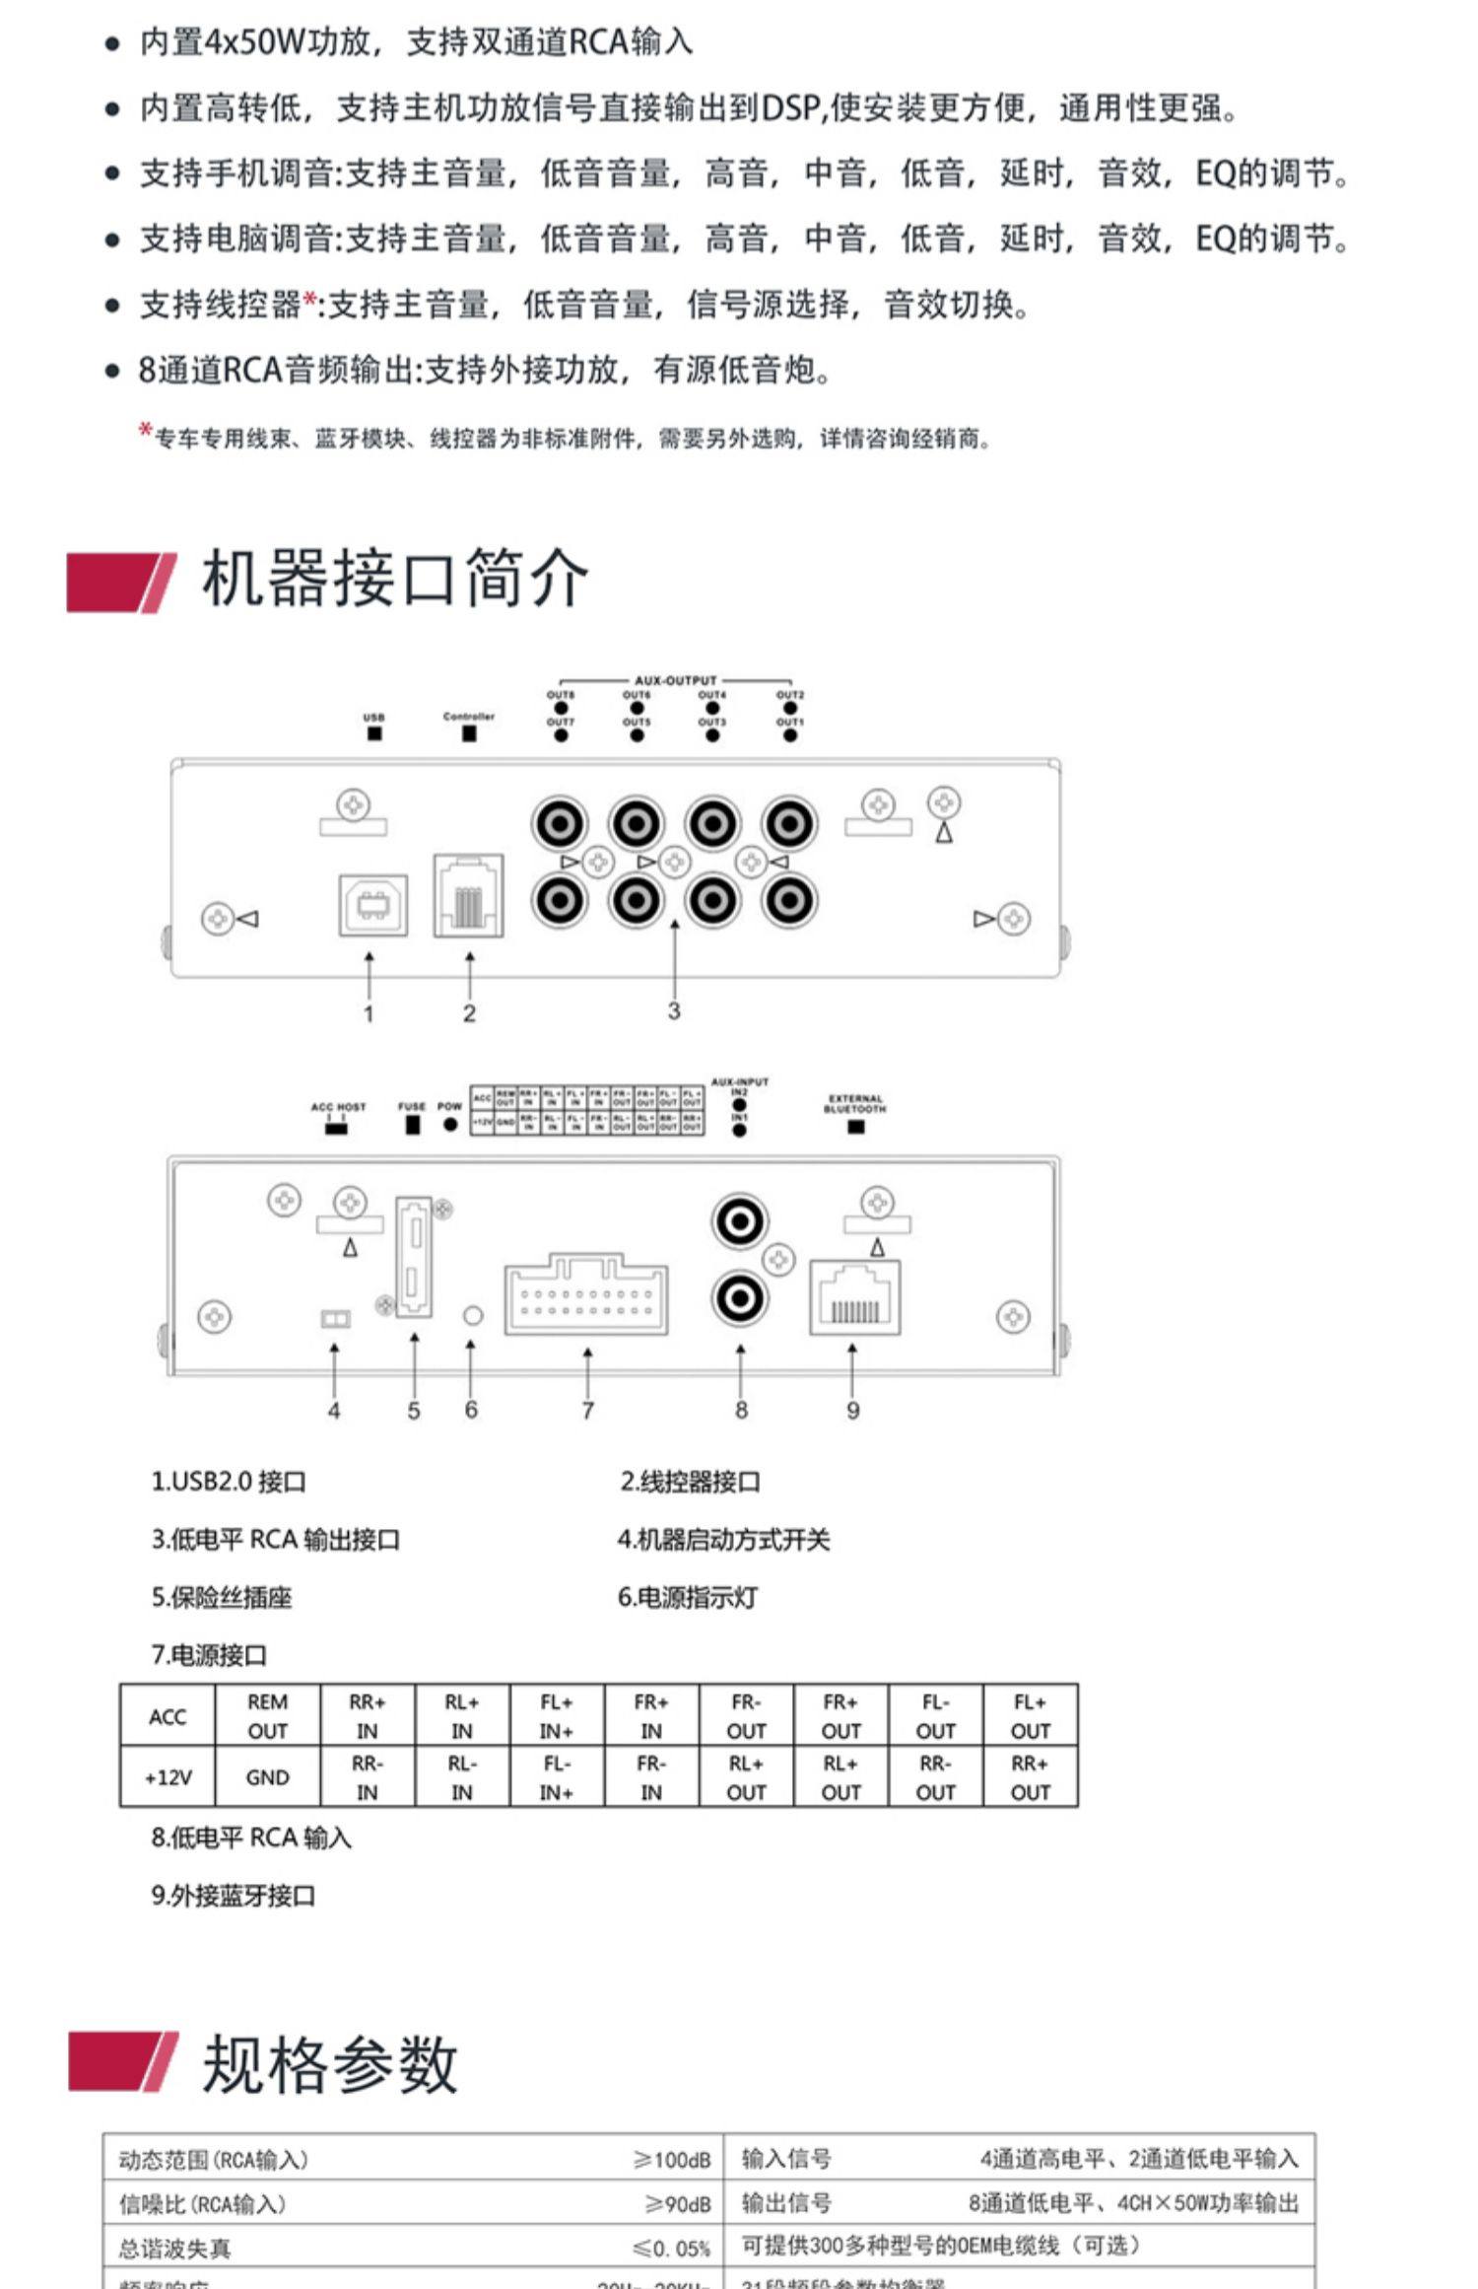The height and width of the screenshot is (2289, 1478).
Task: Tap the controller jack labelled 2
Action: click(469, 896)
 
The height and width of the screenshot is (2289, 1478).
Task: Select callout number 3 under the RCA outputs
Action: click(674, 1010)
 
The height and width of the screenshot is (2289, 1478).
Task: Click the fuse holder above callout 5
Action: click(414, 1256)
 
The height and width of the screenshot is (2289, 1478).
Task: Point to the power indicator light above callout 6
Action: click(473, 1315)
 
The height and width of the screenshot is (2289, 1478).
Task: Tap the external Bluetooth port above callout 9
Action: click(854, 1297)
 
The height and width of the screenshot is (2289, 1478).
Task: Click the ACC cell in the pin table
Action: click(168, 1716)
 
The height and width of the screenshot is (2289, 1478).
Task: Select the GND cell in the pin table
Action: click(267, 1776)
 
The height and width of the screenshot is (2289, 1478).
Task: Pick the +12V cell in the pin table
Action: click(168, 1776)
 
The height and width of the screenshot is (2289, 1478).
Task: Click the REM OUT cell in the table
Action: click(267, 1716)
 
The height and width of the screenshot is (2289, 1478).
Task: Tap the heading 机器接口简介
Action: click(394, 579)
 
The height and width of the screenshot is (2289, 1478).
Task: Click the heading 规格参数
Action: click(330, 2064)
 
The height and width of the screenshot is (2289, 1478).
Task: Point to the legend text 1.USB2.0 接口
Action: click(229, 1482)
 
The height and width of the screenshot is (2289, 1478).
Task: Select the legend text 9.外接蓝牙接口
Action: click(234, 1895)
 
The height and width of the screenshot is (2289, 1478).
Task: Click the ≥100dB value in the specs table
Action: click(672, 2160)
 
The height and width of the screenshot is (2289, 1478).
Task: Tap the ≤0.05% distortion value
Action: click(672, 2249)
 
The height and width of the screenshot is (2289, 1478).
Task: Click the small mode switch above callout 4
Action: click(336, 1319)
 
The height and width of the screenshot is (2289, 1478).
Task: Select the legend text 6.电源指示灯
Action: click(688, 1597)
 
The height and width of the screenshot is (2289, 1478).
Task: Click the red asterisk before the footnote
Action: click(146, 430)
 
